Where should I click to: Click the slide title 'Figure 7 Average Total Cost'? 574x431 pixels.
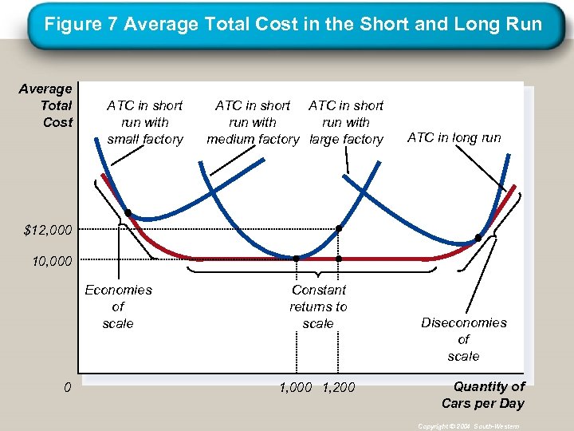point(293,24)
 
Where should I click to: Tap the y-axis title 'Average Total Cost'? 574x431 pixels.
point(46,105)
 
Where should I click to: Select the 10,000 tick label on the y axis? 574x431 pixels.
point(49,260)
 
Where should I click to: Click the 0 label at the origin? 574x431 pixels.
point(69,388)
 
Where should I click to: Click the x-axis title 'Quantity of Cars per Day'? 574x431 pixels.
point(484,394)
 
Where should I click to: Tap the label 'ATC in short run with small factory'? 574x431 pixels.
point(145,122)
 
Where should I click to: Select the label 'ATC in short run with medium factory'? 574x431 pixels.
point(252,122)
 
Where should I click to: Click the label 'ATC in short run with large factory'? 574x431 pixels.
point(346,122)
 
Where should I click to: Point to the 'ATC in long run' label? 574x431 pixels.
point(454,137)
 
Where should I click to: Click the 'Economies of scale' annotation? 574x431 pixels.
point(118,306)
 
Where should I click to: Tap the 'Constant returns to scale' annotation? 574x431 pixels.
point(318,306)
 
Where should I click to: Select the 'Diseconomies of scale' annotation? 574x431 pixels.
point(463,339)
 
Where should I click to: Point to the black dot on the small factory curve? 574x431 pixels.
point(128,213)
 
